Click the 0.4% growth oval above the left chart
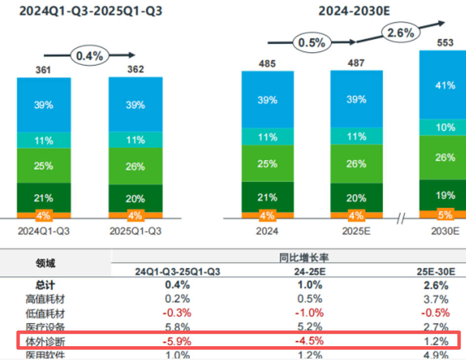90,56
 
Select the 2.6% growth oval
399,34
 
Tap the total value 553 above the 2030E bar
445,43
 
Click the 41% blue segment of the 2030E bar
445,85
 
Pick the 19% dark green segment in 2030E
445,195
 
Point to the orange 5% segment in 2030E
445,215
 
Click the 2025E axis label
356,231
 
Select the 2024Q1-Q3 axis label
44,231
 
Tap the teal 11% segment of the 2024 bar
268,137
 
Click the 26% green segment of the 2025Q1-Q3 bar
135,167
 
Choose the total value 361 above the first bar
44,70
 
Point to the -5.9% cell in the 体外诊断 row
177,341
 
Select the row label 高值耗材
45,299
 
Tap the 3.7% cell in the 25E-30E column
436,299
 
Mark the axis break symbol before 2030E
400,218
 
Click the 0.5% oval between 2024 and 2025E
312,43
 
